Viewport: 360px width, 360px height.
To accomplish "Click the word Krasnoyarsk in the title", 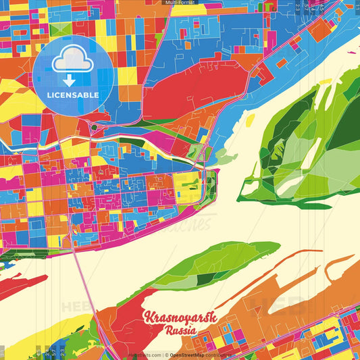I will coord(175,318).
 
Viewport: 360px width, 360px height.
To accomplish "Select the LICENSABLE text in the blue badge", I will coord(72,95).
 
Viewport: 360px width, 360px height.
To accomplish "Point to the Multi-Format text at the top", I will coord(180,3).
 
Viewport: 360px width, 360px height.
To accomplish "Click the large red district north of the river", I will coord(182,95).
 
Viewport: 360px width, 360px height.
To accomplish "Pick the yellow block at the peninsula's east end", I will coord(187,182).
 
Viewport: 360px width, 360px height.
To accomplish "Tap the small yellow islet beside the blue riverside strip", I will coord(250,120).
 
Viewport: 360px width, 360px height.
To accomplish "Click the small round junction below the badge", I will coord(94,127).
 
